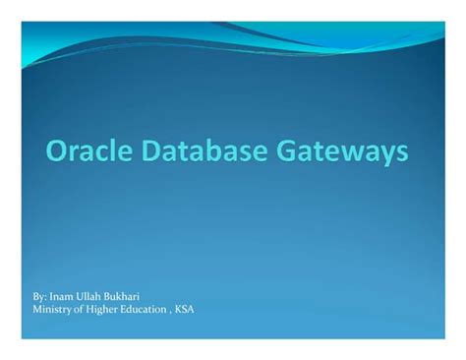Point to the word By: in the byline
(42, 295)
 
